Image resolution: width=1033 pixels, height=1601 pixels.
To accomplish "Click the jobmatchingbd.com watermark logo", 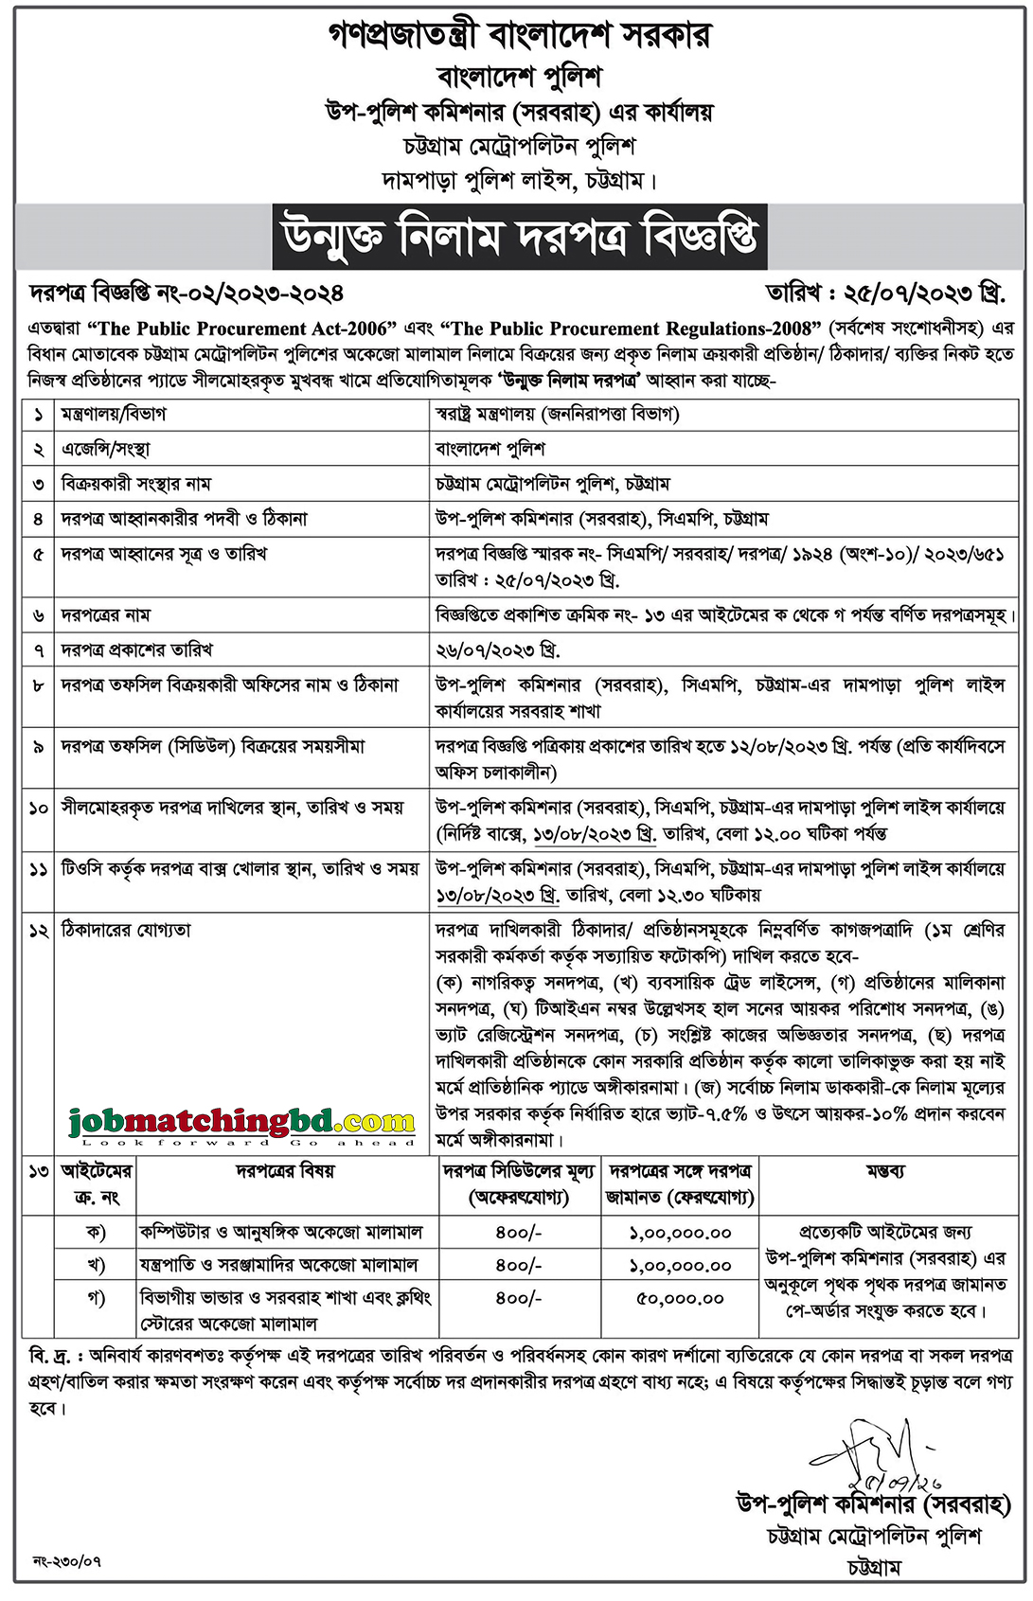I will pyautogui.click(x=241, y=1124).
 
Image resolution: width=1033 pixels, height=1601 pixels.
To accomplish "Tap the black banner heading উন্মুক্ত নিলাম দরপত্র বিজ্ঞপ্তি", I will pyautogui.click(x=520, y=237).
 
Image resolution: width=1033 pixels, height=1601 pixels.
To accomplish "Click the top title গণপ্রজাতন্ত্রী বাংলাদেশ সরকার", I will pyautogui.click(x=519, y=36).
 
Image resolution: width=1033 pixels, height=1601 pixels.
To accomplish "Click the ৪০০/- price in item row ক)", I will pyautogui.click(x=518, y=1233).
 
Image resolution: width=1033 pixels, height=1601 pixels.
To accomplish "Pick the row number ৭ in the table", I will pyautogui.click(x=38, y=650).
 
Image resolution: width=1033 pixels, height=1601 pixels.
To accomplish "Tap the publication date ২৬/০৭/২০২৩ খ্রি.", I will pyautogui.click(x=498, y=650).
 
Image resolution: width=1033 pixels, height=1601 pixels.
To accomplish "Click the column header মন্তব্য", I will pyautogui.click(x=885, y=1171).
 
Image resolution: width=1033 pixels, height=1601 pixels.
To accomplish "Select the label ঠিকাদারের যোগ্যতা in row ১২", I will pyautogui.click(x=126, y=931).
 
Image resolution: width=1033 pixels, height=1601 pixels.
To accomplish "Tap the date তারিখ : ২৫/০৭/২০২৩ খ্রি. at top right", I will pyautogui.click(x=885, y=293).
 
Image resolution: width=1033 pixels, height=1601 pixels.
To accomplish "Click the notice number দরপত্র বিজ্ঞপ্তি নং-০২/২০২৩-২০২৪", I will pyautogui.click(x=187, y=294).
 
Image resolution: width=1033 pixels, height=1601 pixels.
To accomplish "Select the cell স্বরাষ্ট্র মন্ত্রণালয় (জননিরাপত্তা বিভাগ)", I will pyautogui.click(x=557, y=414).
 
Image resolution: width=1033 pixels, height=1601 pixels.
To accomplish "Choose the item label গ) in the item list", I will pyautogui.click(x=96, y=1298).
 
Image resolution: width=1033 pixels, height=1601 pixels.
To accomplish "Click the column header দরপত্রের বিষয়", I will pyautogui.click(x=285, y=1171).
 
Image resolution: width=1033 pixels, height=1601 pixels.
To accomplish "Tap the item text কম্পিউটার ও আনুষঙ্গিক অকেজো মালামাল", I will pyautogui.click(x=281, y=1233).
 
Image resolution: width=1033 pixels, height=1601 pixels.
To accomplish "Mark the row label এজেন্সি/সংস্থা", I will pyautogui.click(x=105, y=449).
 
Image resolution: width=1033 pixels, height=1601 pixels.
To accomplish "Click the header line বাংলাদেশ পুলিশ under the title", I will pyautogui.click(x=519, y=77).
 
